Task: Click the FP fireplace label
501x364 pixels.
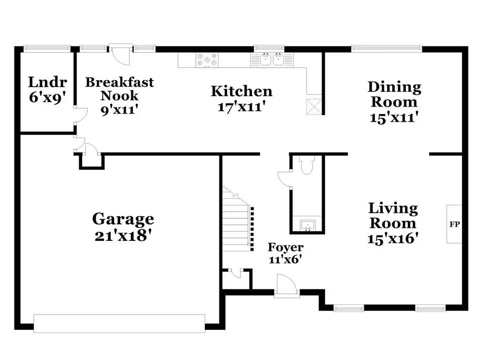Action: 454,224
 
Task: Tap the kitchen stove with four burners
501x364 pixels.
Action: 206,60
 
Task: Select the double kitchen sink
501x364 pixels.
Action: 272,60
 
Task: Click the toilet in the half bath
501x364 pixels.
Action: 306,165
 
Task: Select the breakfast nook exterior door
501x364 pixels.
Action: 120,53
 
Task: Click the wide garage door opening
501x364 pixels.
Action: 119,323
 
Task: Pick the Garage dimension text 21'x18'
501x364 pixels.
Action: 123,235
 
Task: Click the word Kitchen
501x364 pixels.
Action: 241,91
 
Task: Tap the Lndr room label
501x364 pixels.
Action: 48,82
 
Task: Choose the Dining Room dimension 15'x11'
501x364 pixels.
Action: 394,117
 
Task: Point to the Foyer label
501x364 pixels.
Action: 286,247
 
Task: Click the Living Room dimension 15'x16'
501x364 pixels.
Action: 393,239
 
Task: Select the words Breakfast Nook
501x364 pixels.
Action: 119,88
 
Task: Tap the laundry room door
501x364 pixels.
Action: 75,116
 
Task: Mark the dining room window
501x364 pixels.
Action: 386,49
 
